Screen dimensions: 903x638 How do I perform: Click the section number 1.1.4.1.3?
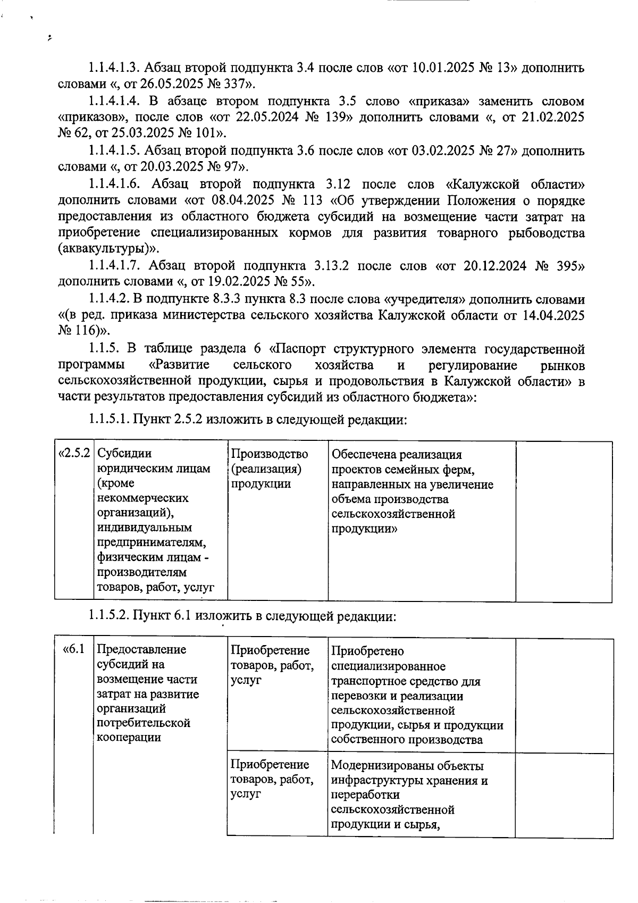coord(114,68)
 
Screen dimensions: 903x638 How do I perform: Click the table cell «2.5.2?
coord(75,454)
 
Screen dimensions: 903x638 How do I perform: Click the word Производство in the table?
coord(270,454)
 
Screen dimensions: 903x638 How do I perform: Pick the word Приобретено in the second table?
coord(367,651)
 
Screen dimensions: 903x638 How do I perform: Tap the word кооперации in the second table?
coord(129,738)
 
